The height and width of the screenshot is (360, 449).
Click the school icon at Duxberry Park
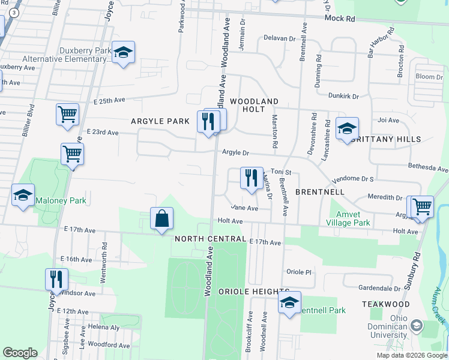124,53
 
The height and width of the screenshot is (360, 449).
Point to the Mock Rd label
340,19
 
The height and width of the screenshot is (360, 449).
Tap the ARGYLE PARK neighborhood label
160,121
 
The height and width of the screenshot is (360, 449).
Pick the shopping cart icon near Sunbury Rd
421,206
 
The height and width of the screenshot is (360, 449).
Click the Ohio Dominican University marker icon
415,327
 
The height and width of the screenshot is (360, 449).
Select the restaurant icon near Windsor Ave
56,279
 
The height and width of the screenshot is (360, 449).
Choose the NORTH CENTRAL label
209,239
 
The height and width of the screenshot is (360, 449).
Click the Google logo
20,353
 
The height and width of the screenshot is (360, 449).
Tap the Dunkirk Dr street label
343,96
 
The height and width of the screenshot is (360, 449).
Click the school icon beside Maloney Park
23,196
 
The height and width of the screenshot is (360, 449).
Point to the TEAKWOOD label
385,304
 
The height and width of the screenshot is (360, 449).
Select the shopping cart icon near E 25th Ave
67,114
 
